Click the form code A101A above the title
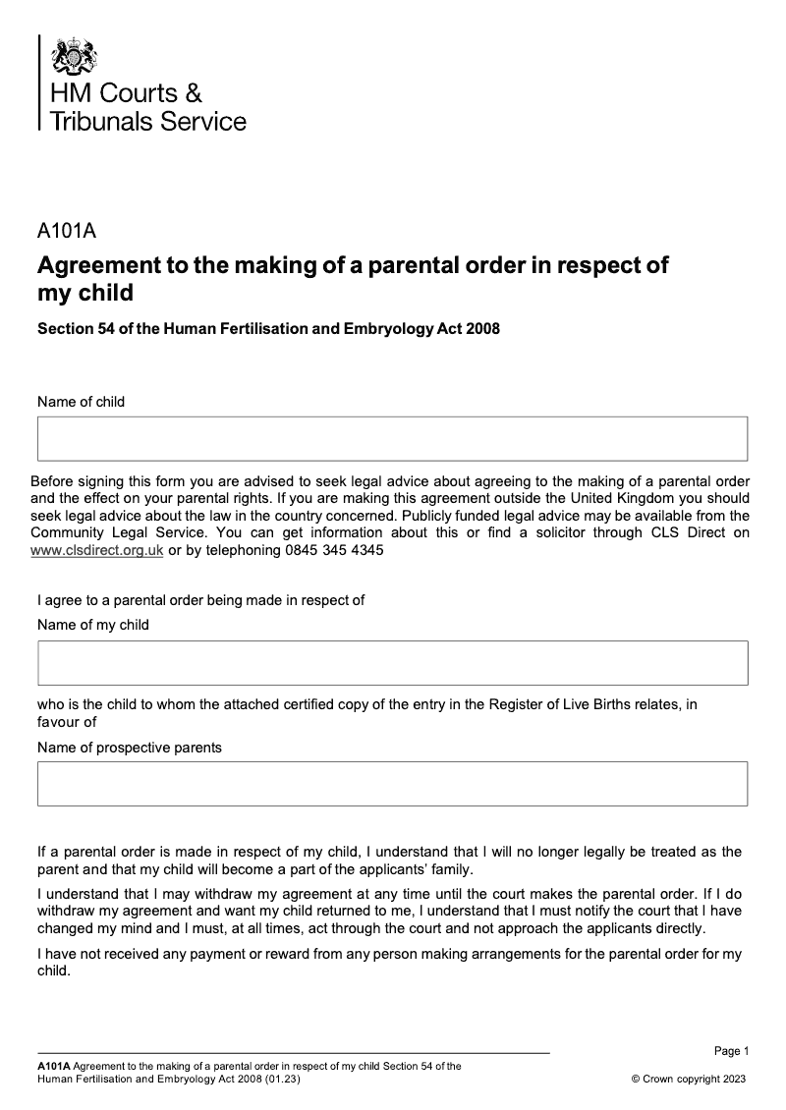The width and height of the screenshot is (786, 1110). click(x=66, y=233)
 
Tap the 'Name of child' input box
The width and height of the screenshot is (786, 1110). click(x=393, y=438)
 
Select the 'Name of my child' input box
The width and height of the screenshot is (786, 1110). click(x=393, y=662)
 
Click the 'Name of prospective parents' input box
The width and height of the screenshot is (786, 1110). click(x=393, y=784)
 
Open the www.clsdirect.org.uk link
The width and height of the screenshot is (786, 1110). click(x=97, y=551)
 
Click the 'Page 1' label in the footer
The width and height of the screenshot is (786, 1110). click(x=731, y=1051)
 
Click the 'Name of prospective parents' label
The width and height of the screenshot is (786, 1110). click(x=130, y=748)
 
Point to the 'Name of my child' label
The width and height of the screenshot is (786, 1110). click(x=93, y=625)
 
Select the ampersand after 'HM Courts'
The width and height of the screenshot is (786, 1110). click(x=194, y=93)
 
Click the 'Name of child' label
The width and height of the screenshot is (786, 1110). click(x=81, y=402)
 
